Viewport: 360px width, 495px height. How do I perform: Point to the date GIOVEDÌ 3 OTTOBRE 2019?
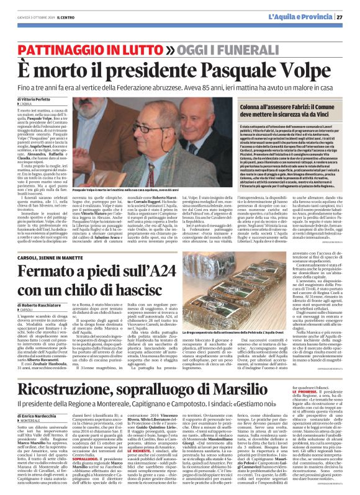[x=29, y=17]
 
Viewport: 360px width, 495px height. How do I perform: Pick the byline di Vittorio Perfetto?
[x=29, y=99]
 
